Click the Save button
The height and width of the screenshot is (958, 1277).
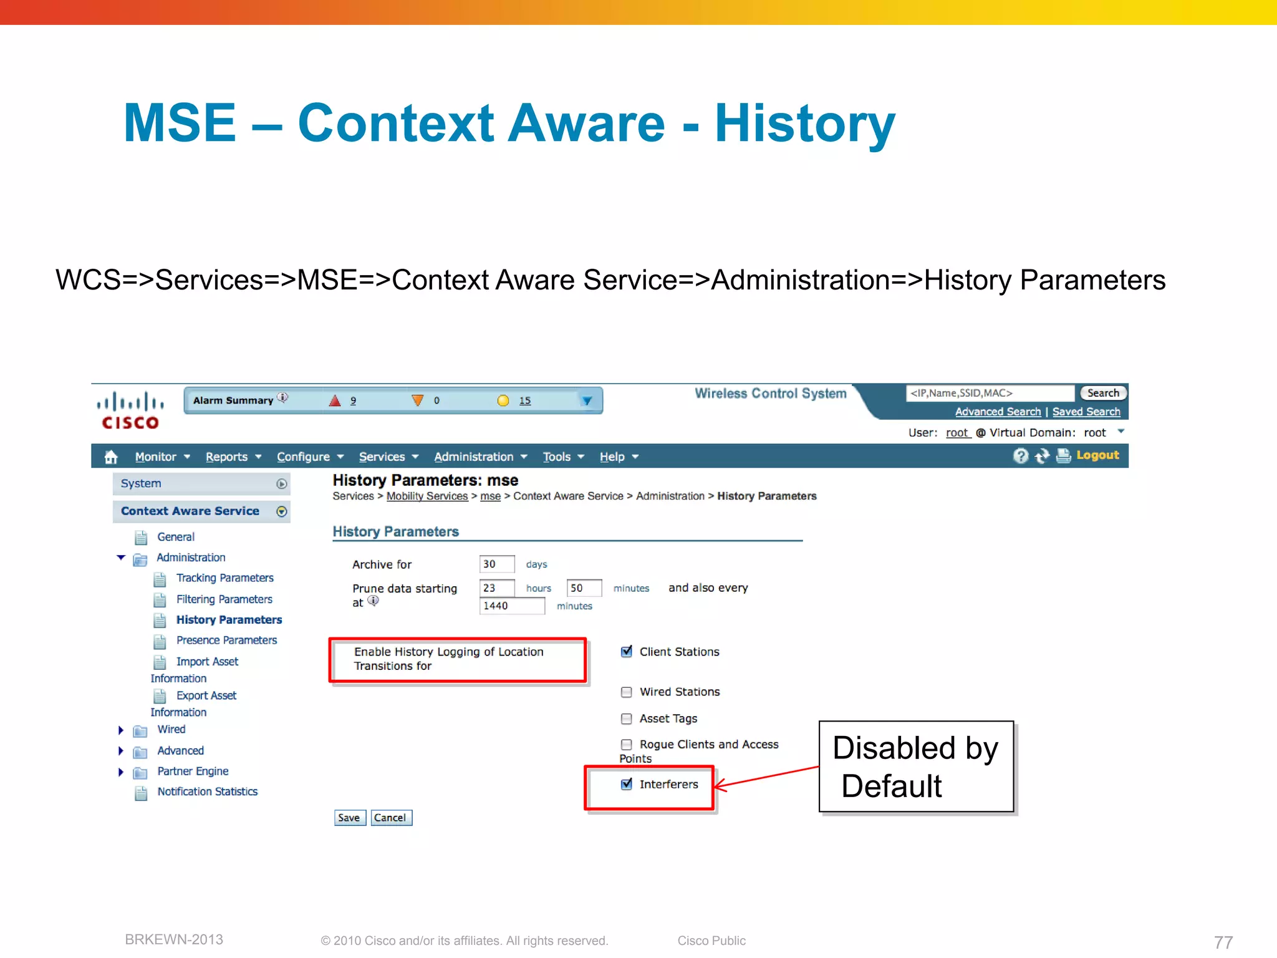(349, 818)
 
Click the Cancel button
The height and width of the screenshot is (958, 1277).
(390, 818)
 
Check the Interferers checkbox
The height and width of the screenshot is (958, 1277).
(627, 784)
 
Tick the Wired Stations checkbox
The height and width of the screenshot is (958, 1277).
(627, 692)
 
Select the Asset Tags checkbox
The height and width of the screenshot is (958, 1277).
(627, 718)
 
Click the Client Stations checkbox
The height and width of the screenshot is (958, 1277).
(627, 652)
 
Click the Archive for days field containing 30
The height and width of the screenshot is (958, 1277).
(496, 564)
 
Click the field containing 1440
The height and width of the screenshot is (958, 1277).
(511, 606)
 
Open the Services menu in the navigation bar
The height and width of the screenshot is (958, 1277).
(388, 457)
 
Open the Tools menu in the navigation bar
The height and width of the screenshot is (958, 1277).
(562, 457)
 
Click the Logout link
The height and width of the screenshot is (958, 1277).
(1097, 455)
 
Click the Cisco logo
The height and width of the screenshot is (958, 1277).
(130, 410)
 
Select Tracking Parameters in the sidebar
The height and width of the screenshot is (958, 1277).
(224, 578)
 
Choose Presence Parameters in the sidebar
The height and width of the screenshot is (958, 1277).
(226, 641)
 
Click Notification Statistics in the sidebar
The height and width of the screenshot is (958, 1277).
(207, 791)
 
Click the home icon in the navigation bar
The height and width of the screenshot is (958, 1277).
(111, 457)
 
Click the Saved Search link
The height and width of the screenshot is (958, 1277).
(1086, 412)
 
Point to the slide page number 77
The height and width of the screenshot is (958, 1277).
(1223, 941)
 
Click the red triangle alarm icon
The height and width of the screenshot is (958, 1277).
(335, 400)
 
